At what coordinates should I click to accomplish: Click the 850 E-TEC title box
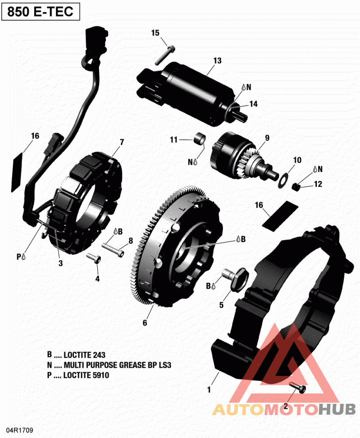pos(40,12)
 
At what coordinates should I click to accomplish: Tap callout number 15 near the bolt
pos(155,33)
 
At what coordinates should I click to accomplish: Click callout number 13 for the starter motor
pos(217,61)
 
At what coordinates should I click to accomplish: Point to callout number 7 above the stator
pos(121,143)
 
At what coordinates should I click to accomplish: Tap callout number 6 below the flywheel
pos(145,322)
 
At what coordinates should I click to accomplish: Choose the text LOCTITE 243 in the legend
pos(85,355)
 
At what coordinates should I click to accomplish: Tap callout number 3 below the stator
pos(60,264)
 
